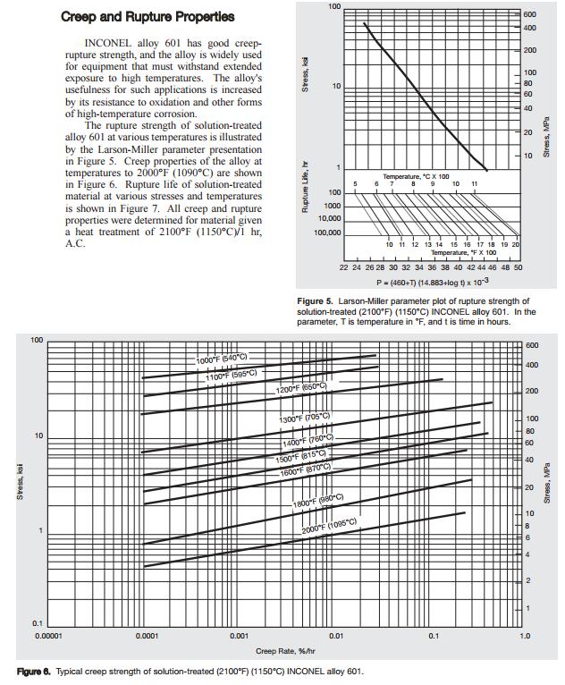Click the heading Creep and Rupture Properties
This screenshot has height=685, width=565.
click(x=148, y=16)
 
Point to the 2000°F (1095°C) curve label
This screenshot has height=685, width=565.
click(x=329, y=526)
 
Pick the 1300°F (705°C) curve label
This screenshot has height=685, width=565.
click(x=305, y=418)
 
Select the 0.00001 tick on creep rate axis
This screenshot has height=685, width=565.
click(x=47, y=637)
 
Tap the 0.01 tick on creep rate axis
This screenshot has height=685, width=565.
click(x=335, y=637)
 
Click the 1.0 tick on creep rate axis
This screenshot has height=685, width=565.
click(x=525, y=637)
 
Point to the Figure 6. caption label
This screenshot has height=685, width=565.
click(x=34, y=671)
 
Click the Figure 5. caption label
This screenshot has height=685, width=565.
click(x=316, y=300)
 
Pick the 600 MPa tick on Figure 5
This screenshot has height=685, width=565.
click(x=530, y=15)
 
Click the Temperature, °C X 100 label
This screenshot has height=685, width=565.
click(x=416, y=176)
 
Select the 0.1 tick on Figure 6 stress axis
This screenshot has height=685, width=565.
click(x=38, y=623)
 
